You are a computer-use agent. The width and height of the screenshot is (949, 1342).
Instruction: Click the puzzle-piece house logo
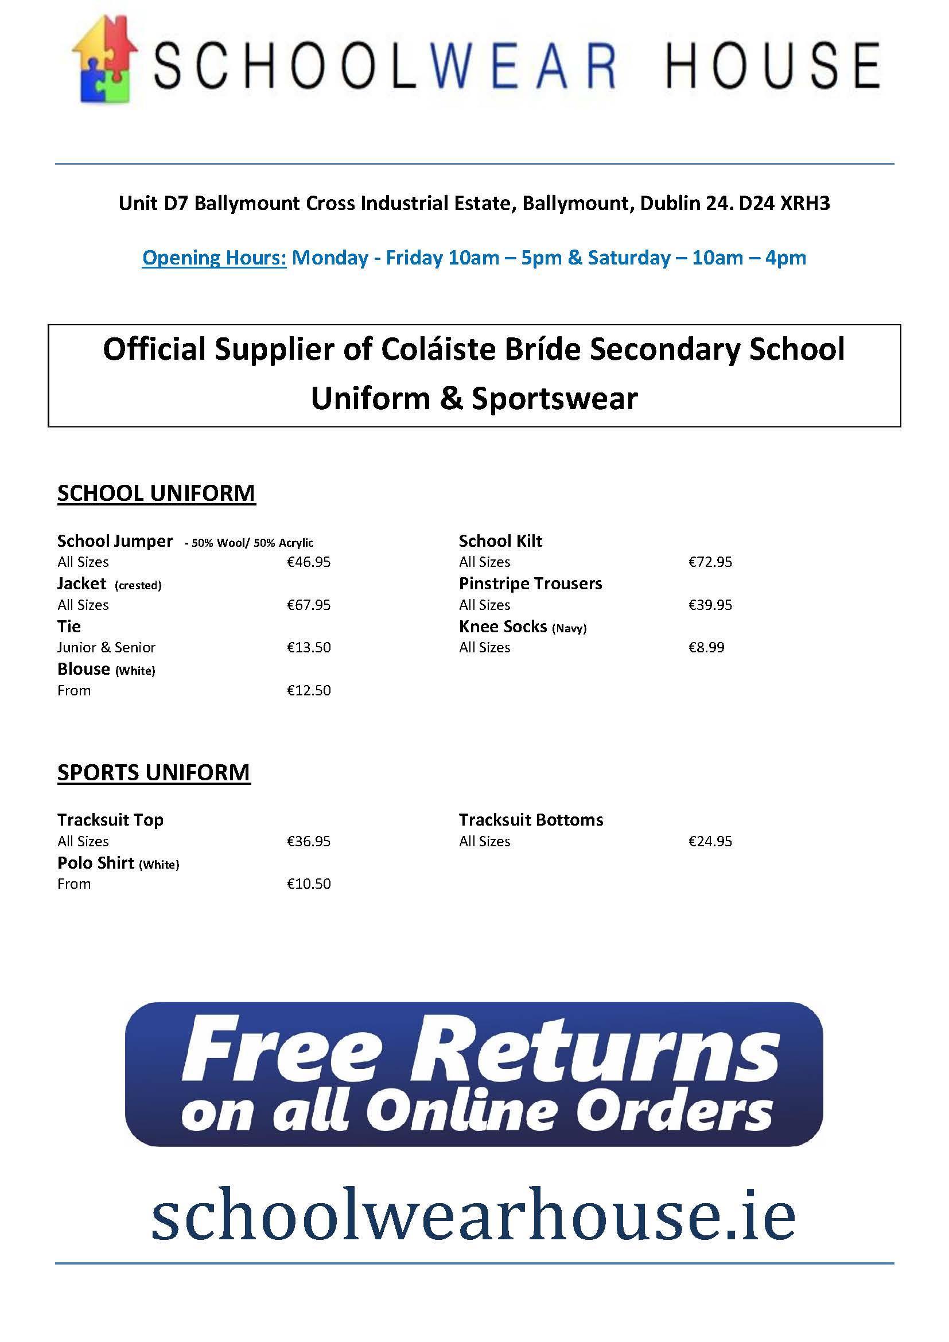(x=104, y=60)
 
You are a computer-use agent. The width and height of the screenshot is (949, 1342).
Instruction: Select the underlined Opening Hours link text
(x=214, y=258)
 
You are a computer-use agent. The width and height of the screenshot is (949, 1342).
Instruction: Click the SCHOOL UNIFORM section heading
(x=156, y=493)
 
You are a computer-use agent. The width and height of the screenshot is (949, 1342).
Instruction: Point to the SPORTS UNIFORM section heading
(x=154, y=772)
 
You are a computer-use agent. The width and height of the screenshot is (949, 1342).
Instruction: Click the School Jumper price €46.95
(x=309, y=562)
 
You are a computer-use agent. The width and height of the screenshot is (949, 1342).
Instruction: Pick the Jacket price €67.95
(x=309, y=605)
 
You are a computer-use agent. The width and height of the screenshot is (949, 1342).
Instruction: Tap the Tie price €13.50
(x=309, y=648)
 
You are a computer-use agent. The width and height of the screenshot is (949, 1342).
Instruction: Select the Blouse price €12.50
(x=309, y=690)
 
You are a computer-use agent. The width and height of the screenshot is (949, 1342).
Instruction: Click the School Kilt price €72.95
(x=710, y=562)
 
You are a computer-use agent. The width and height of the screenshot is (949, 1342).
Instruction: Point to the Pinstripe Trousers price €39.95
(x=710, y=605)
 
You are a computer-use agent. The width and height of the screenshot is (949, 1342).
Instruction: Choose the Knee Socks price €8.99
(x=706, y=648)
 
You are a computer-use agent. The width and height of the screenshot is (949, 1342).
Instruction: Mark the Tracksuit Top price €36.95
(x=309, y=841)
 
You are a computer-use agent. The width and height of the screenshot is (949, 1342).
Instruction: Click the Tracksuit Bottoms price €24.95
(x=710, y=841)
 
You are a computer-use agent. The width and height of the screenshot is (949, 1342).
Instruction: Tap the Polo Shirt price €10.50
(x=309, y=884)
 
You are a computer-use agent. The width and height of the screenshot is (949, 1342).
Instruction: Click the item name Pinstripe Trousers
(x=530, y=584)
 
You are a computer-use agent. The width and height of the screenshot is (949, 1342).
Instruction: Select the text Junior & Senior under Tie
(x=106, y=648)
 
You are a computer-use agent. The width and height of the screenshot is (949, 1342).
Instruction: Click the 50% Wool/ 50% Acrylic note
(x=250, y=543)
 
